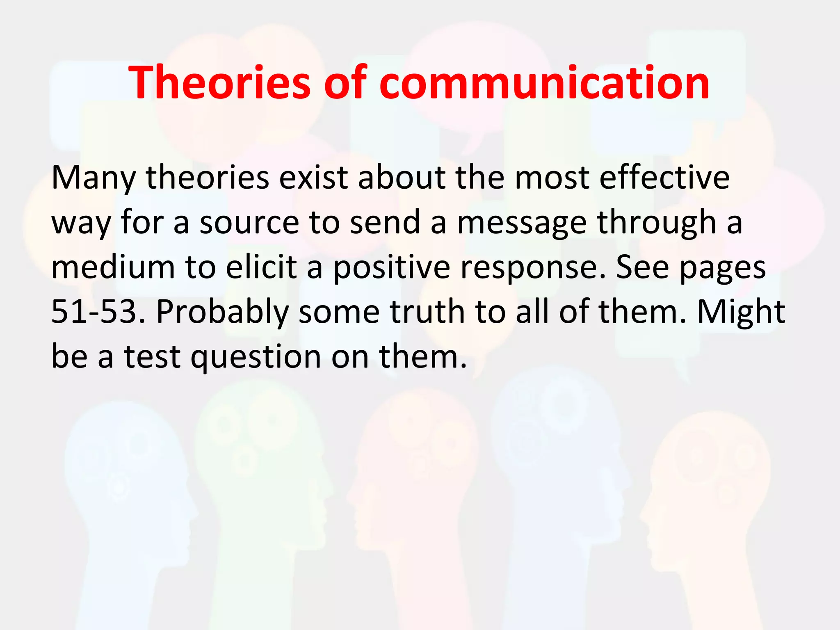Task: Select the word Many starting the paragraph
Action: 93,178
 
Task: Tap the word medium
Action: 113,267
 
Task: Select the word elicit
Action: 261,267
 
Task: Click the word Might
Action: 741,312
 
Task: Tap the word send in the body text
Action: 385,223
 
